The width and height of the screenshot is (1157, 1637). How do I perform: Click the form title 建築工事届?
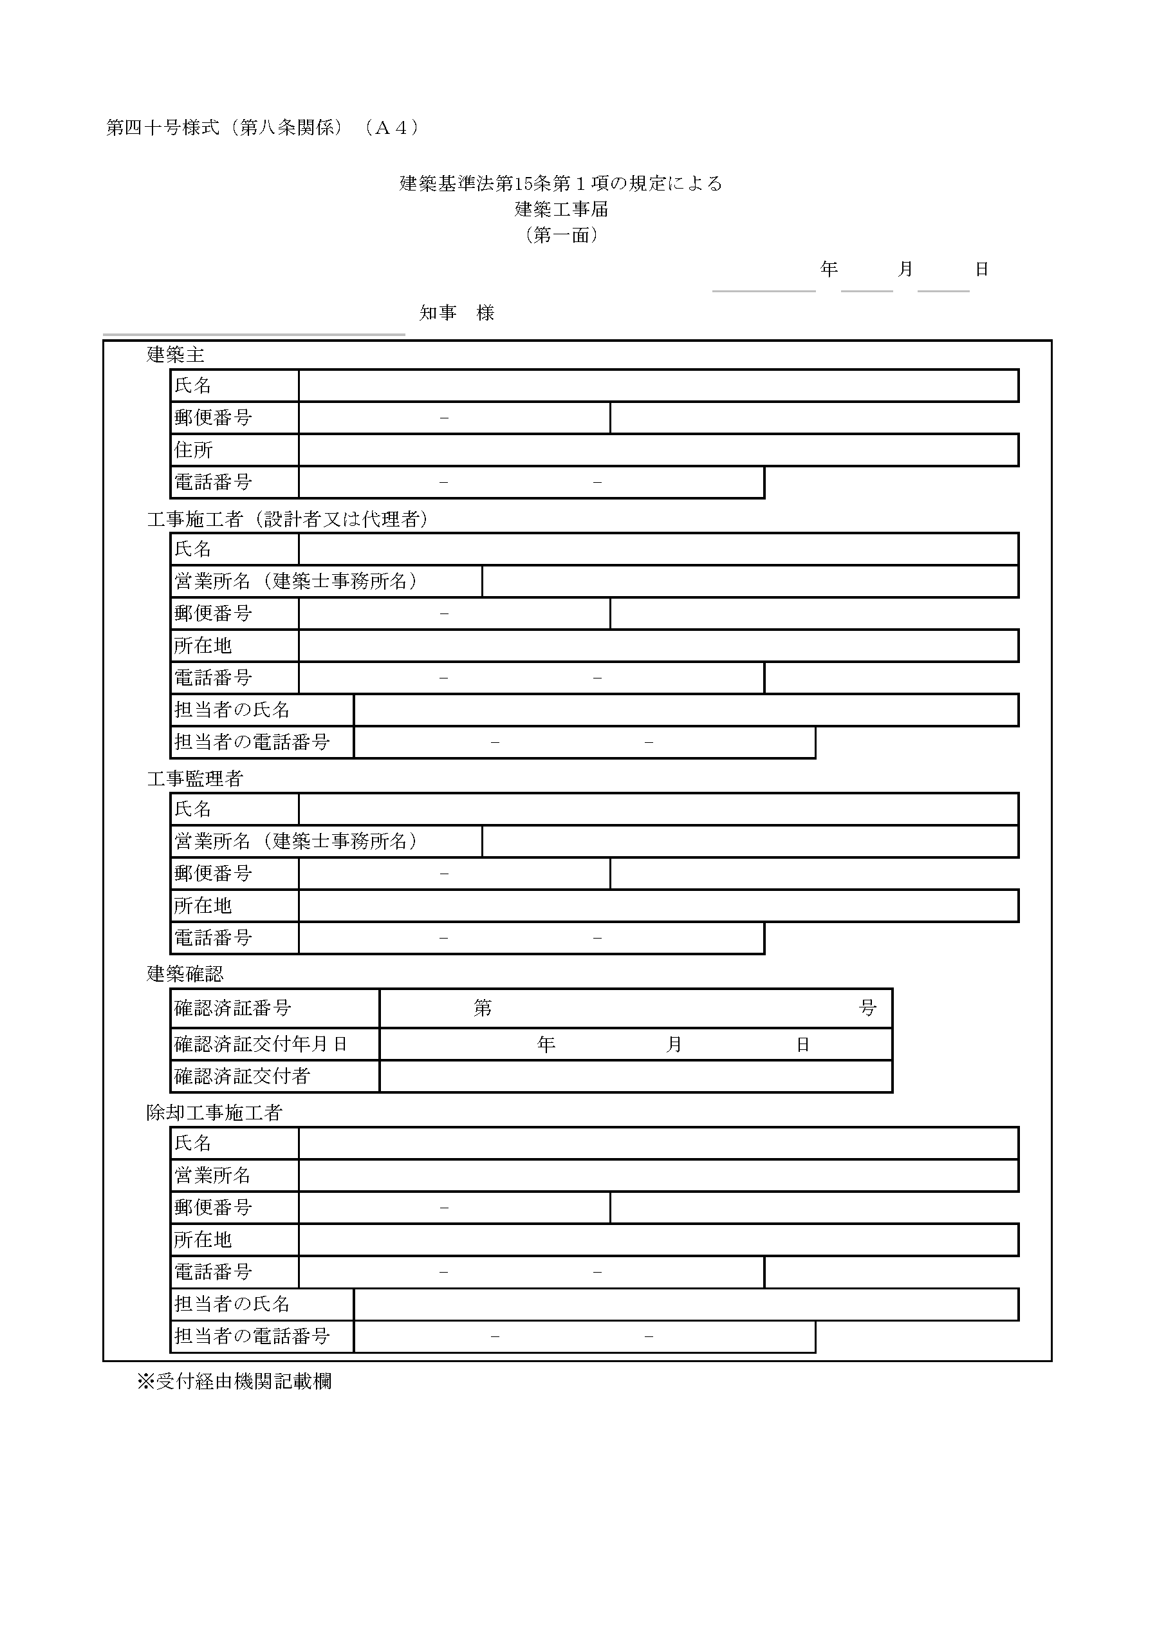[x=561, y=210]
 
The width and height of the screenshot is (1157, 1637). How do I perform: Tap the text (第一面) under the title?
[x=561, y=236]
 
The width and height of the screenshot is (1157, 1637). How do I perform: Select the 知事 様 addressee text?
[x=457, y=313]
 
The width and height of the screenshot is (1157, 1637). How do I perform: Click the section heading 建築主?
[x=176, y=354]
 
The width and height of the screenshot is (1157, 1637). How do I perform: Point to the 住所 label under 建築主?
[x=193, y=450]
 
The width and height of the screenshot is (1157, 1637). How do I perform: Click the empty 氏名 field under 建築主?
[x=658, y=386]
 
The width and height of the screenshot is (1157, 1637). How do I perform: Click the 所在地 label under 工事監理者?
[x=203, y=906]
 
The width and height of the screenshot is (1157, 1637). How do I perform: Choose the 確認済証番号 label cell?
[x=232, y=1008]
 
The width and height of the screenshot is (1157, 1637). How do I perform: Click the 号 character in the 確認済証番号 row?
[x=867, y=1008]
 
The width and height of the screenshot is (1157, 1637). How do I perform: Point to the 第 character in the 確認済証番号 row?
[x=483, y=1008]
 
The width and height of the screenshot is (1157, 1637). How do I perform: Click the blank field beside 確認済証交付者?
[x=635, y=1076]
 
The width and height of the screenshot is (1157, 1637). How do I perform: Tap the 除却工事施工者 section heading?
[x=214, y=1113]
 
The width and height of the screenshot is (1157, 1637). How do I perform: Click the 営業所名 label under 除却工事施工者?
[x=212, y=1175]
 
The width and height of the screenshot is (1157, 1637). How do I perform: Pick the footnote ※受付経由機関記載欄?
[x=234, y=1381]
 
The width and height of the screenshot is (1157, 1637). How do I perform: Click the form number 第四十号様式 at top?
[x=163, y=127]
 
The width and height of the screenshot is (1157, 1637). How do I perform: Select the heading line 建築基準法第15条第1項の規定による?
[x=561, y=184]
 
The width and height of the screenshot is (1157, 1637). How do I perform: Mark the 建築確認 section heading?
[x=185, y=974]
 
